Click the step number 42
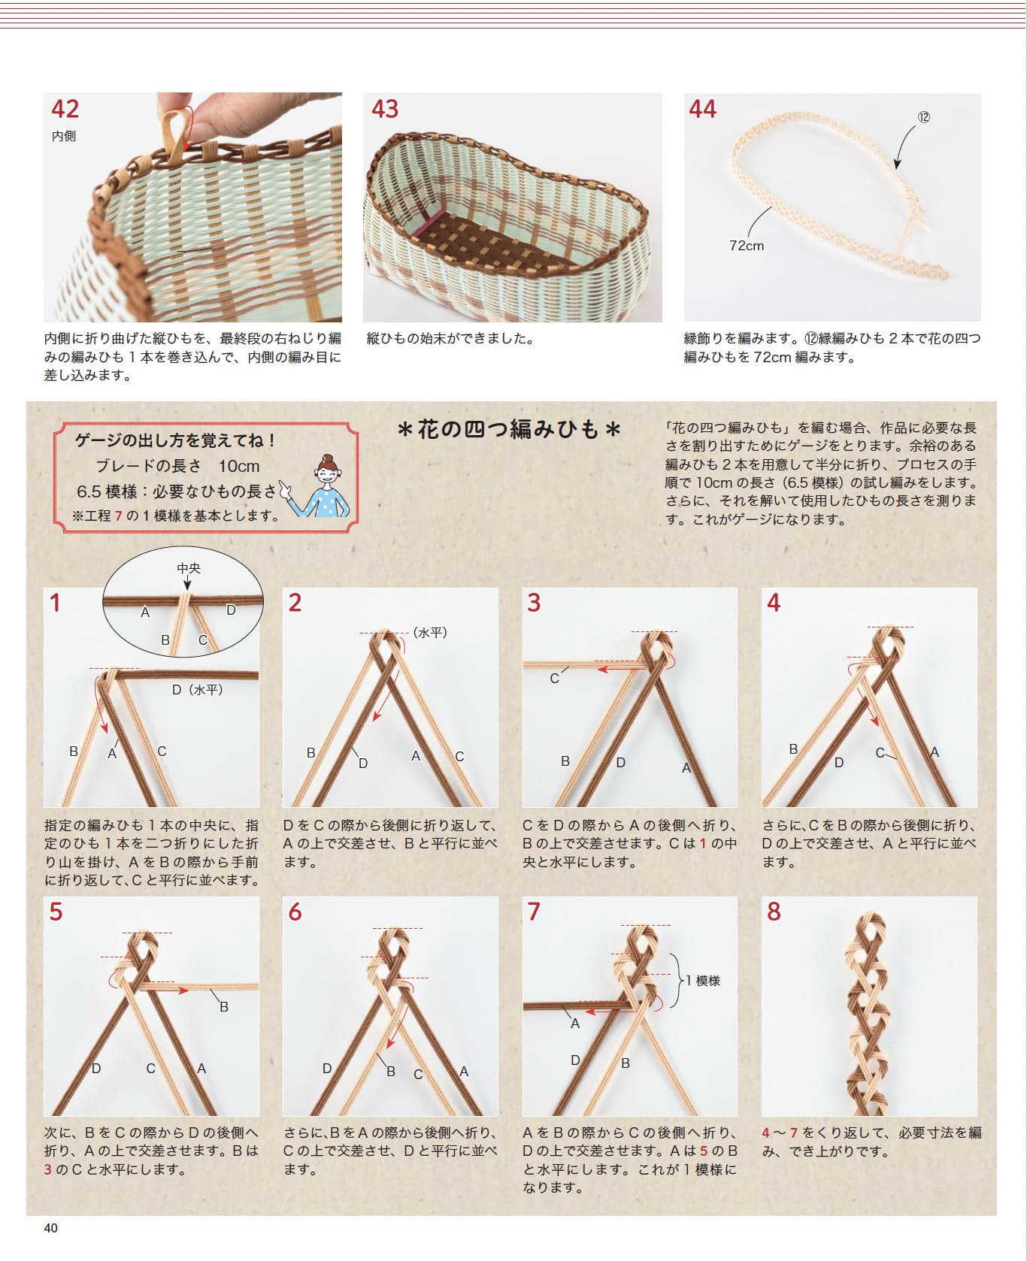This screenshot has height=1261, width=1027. [65, 110]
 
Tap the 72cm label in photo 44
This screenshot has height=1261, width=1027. [746, 246]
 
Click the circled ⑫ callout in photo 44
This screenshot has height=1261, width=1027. [924, 117]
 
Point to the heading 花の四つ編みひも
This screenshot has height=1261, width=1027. [509, 429]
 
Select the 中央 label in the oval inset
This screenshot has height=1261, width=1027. [189, 568]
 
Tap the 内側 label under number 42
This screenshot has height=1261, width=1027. [63, 136]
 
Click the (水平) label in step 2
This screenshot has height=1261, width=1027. [430, 633]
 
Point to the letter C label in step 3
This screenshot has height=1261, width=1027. [554, 679]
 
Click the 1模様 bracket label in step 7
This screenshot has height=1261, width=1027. [703, 980]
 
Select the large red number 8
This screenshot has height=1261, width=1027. [774, 912]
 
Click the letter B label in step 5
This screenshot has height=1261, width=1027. [223, 1006]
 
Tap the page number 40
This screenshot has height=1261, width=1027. [51, 1228]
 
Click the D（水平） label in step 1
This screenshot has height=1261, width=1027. [197, 689]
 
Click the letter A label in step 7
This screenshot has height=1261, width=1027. [574, 1023]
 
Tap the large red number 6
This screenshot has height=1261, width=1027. [295, 912]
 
